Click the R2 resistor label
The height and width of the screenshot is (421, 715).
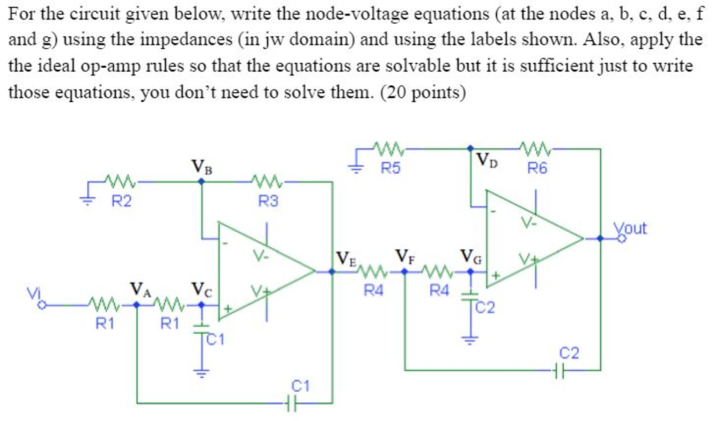click(123, 202)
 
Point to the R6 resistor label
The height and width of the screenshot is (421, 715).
click(536, 168)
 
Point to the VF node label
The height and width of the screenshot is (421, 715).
click(406, 255)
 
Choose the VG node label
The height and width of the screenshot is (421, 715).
click(469, 256)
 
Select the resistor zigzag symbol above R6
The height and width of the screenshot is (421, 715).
click(536, 148)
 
